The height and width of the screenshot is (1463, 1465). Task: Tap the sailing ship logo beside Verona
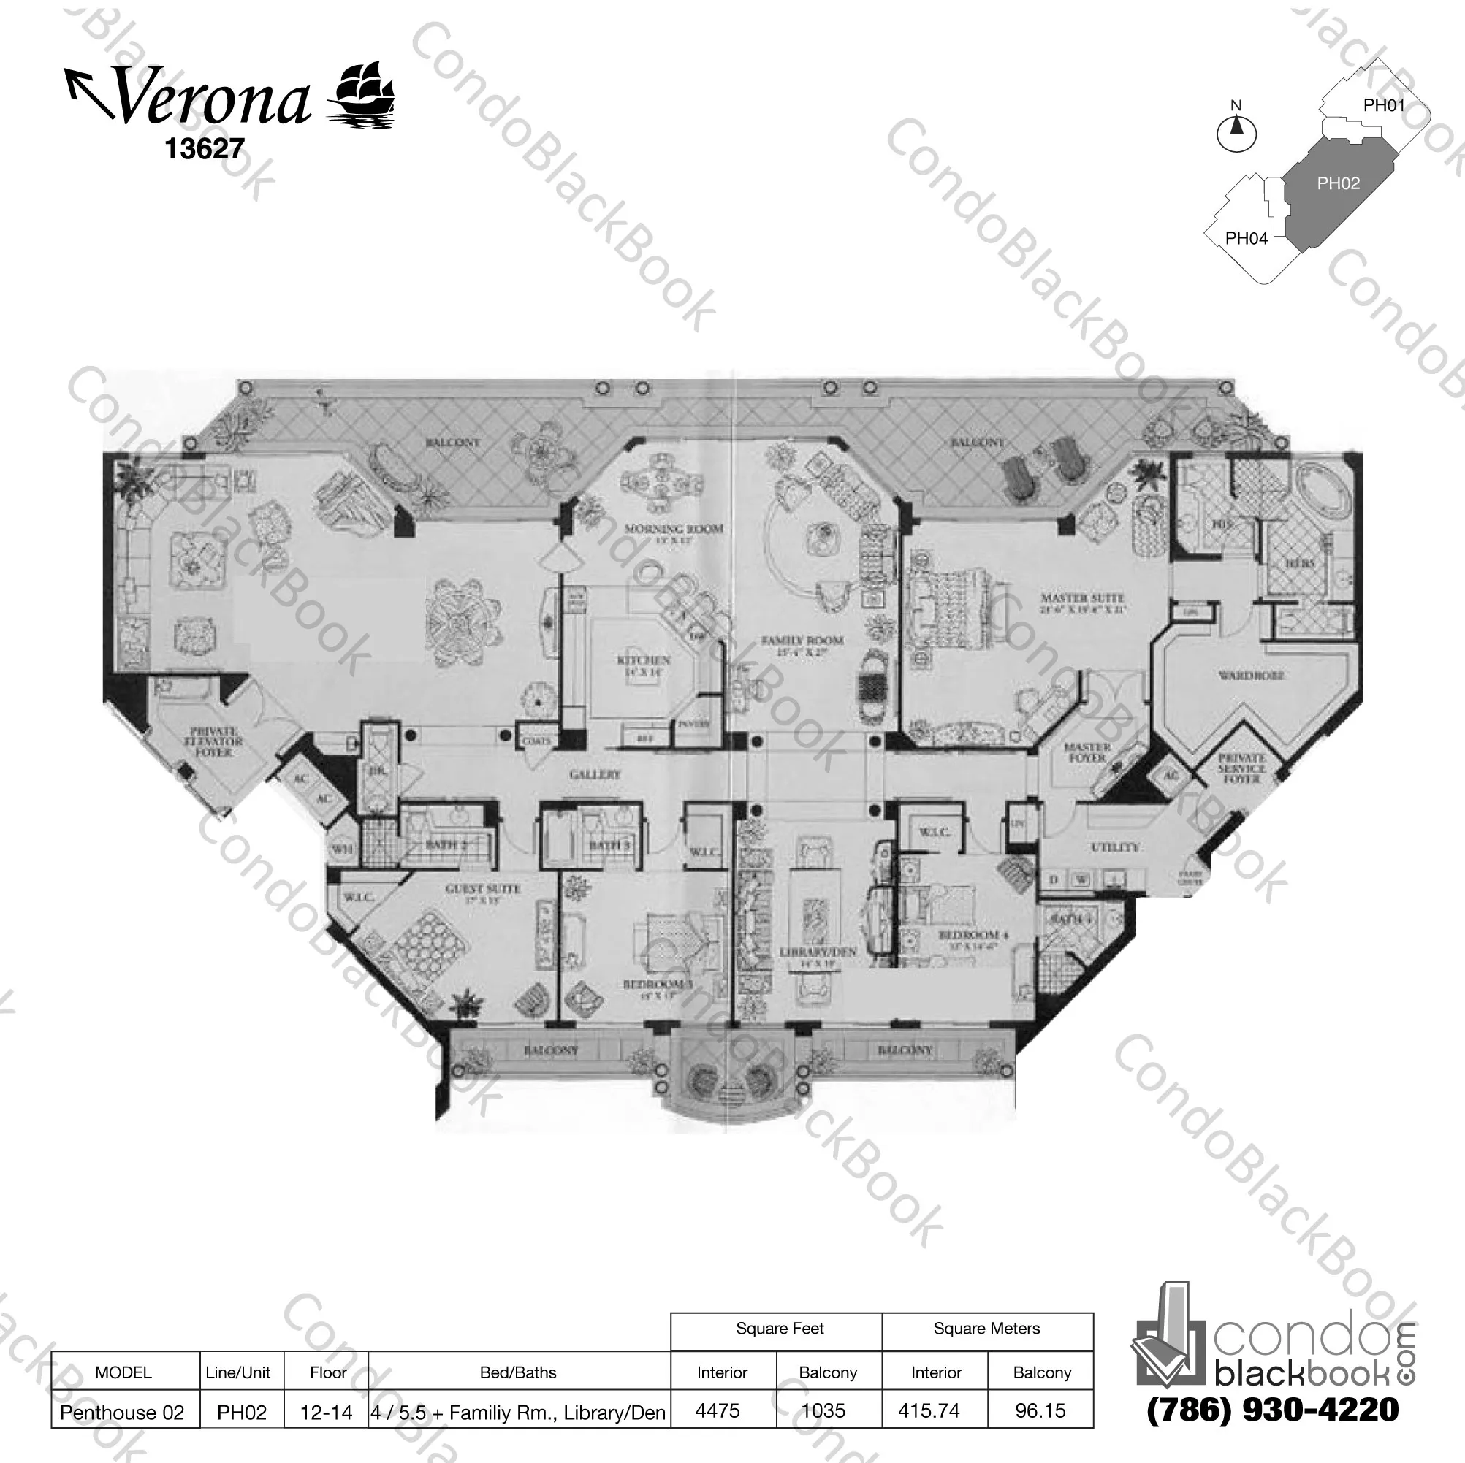[x=362, y=94]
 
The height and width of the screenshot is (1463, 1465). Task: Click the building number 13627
[x=204, y=148]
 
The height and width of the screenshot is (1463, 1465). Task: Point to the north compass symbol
[x=1236, y=131]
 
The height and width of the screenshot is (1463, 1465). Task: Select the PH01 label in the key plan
[x=1384, y=105]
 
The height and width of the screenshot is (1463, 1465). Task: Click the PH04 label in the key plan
[x=1247, y=238]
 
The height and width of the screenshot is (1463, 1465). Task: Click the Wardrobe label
[x=1251, y=675]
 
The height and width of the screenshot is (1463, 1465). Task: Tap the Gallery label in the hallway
[x=595, y=774]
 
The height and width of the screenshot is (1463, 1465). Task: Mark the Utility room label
[x=1115, y=847]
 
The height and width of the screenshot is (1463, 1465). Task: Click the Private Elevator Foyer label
[x=216, y=742]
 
